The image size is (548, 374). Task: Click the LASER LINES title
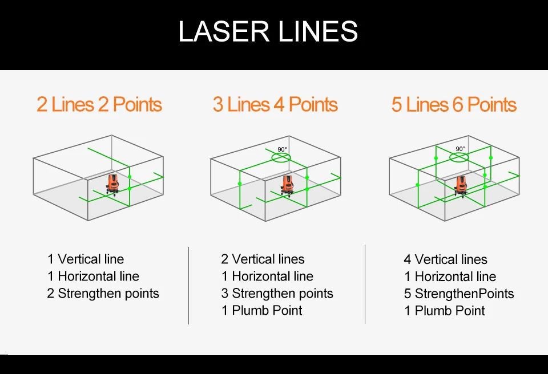(268, 31)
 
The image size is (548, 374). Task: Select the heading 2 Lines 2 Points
(99, 105)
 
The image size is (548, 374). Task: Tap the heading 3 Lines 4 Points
(275, 105)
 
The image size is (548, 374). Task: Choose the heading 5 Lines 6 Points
(454, 105)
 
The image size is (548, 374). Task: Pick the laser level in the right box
(460, 185)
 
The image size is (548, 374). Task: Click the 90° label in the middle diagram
(282, 149)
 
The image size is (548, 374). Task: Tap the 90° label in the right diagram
(460, 149)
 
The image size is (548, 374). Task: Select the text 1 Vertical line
(86, 259)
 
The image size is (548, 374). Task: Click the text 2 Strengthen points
(103, 294)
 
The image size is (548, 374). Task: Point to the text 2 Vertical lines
(263, 259)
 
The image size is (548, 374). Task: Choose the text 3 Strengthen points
(277, 294)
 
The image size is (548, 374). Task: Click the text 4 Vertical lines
(446, 260)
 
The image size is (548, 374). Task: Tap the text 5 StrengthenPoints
(459, 294)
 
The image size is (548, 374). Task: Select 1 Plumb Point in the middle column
(262, 311)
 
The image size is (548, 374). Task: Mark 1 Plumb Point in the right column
(445, 311)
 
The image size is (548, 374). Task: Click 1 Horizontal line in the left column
(93, 277)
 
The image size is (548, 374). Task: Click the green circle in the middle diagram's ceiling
(281, 157)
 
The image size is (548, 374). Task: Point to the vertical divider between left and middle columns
(189, 285)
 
